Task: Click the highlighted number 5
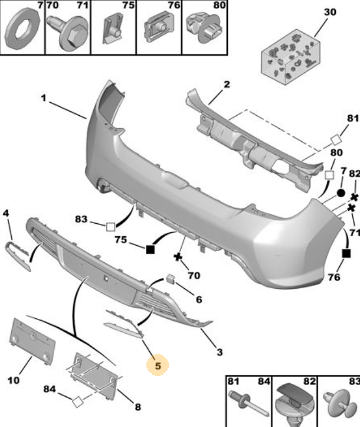158,366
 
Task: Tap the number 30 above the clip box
330,12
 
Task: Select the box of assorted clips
290,57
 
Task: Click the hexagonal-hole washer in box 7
22,30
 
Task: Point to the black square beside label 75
150,249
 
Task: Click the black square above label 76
346,253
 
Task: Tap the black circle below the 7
341,193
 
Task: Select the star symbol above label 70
178,257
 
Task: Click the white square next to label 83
110,227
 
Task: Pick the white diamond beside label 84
77,402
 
